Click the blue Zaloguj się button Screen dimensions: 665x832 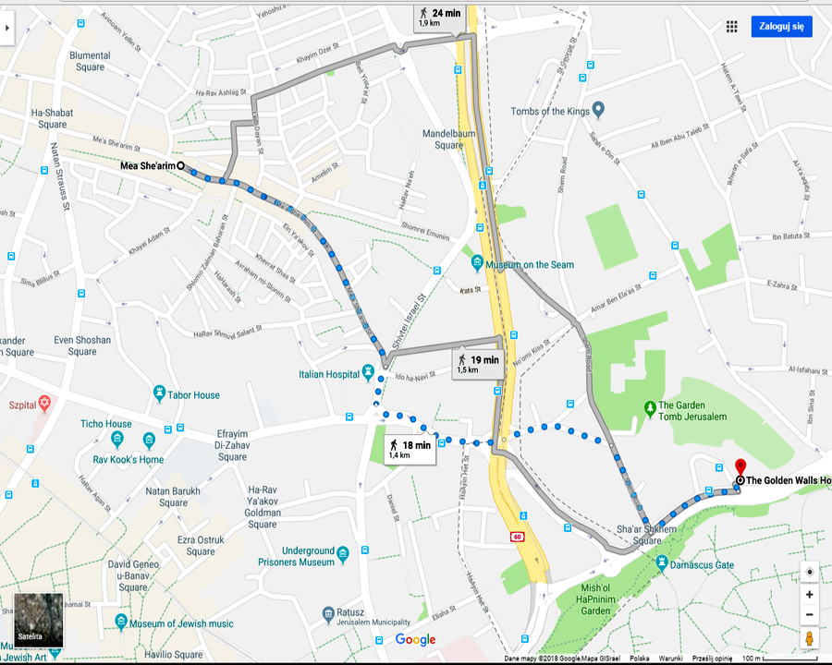pos(781,27)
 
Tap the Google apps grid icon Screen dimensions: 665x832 pos(731,27)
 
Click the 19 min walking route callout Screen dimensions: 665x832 pos(478,364)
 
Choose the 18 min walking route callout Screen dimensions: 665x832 pos(410,450)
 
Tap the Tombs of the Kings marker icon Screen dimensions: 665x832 pos(598,111)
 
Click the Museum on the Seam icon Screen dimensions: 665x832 pos(477,264)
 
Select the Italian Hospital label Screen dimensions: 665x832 pos(328,374)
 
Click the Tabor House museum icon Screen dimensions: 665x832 pos(159,394)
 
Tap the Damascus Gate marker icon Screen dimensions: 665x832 pos(662,563)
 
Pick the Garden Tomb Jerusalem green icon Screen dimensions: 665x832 pos(649,406)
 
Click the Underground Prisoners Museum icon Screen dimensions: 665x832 pos(343,555)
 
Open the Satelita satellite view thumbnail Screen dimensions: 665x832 pos(39,621)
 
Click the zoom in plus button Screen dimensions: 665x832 pos(810,595)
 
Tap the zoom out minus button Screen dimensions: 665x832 pos(810,615)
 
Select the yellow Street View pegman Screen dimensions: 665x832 pos(810,639)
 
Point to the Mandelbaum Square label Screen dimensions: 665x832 pos(448,139)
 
